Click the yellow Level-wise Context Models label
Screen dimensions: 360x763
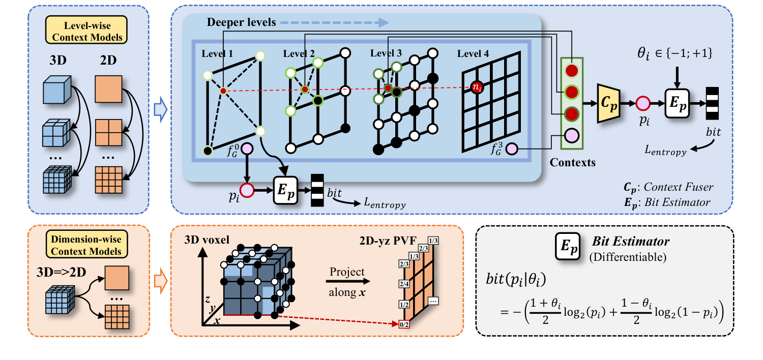click(x=87, y=31)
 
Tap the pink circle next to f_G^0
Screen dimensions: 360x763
click(x=248, y=149)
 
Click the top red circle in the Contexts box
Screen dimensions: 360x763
click(x=572, y=71)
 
